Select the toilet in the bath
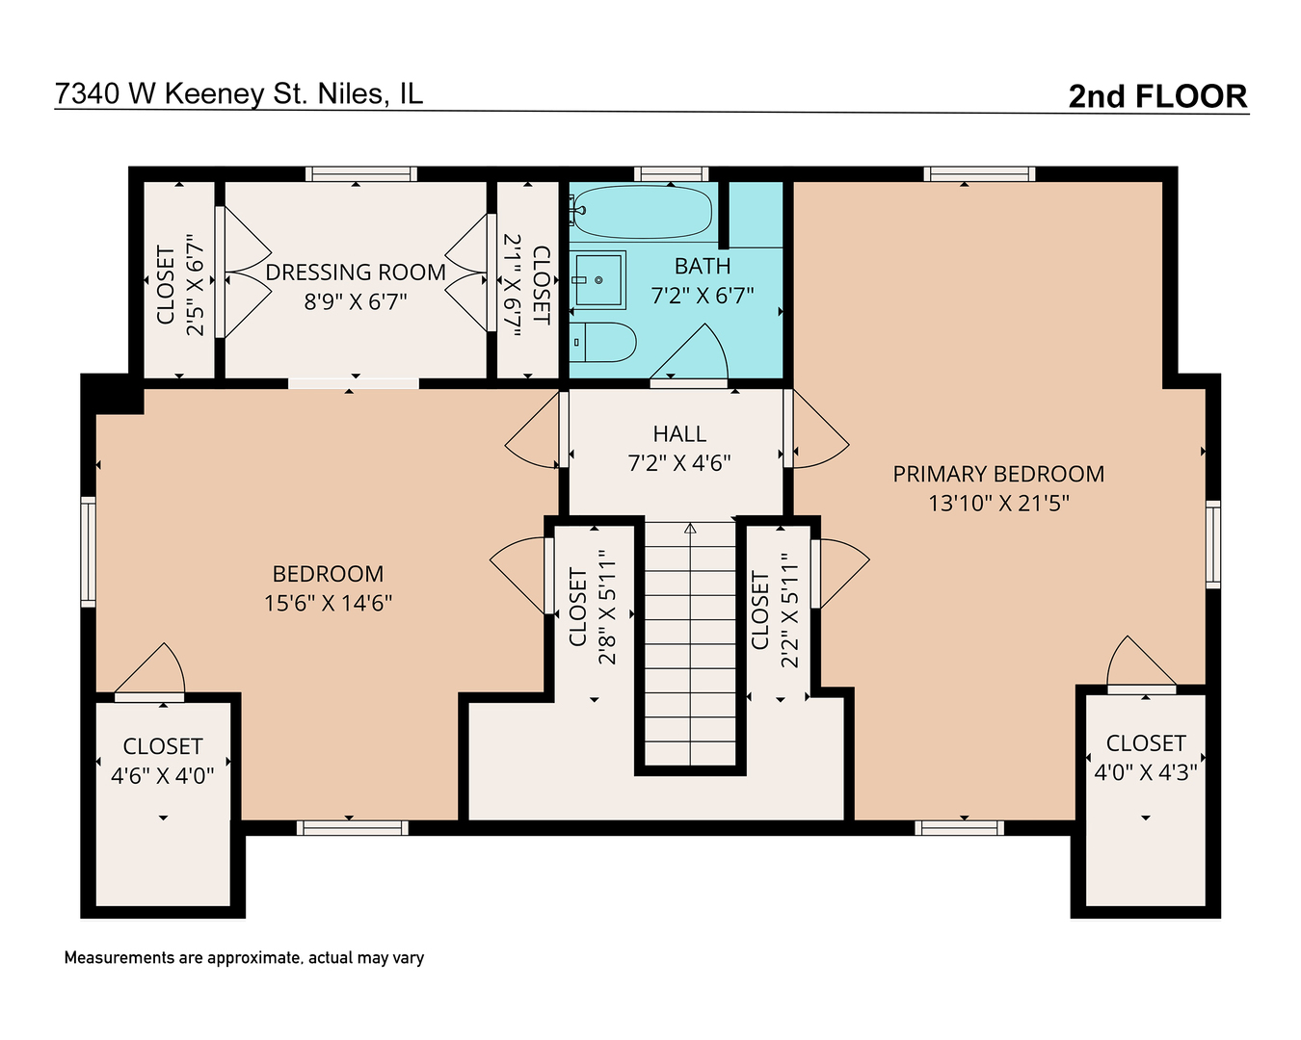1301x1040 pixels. pos(604,342)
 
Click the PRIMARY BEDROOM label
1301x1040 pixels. pos(998,474)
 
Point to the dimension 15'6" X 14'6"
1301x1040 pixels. pos(328,603)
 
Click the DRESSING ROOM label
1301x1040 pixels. pos(356,273)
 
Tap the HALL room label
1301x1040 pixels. pos(679,434)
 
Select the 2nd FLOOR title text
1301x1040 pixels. pos(1157,96)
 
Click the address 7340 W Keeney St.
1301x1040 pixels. pos(238,93)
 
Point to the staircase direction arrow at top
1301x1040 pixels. pos(690,528)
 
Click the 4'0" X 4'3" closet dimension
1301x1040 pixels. pos(1145,771)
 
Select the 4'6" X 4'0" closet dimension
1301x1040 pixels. pos(163,775)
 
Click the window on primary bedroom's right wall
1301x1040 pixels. pos(1213,544)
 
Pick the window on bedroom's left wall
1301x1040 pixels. pos(88,551)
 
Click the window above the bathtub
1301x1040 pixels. pos(672,174)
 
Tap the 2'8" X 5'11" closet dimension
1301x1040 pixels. pos(606,608)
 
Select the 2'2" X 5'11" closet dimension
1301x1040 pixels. pos(789,610)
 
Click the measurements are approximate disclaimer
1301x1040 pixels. pos(244,957)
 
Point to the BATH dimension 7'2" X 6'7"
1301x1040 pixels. pos(703,296)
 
